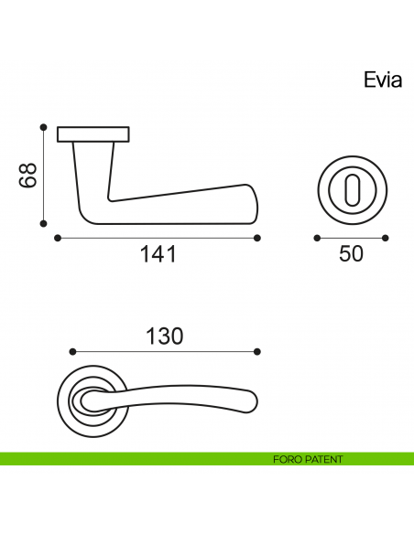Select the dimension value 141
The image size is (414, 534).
click(158, 255)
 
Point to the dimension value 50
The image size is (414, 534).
click(351, 254)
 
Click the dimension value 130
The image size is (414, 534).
click(165, 336)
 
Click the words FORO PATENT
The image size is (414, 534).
click(308, 459)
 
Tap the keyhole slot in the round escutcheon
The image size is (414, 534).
click(351, 192)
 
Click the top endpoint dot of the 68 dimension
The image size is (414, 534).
click(43, 127)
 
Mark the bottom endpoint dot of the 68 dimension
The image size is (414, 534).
click(43, 221)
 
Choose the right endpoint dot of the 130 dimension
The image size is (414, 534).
click(257, 352)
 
